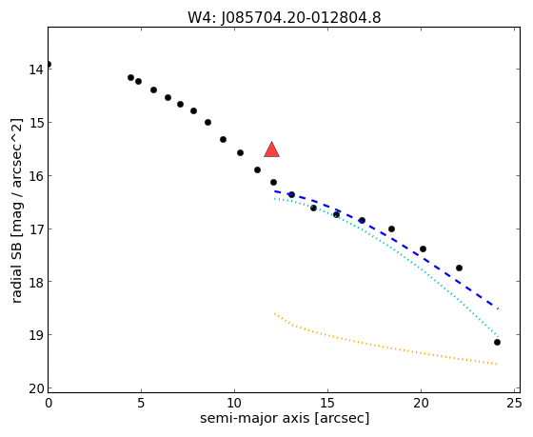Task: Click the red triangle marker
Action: coord(271,150)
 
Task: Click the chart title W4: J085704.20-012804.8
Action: coord(285,18)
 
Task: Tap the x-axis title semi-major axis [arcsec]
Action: coord(285,418)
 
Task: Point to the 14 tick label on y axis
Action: coord(36,70)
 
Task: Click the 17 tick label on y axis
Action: coord(36,228)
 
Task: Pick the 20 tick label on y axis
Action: coord(36,388)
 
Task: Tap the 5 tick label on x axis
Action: coord(141,404)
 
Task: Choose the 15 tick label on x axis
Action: coord(327,404)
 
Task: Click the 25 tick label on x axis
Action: coord(514,404)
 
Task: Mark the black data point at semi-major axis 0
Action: coord(49,65)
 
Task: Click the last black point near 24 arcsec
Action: coord(497,342)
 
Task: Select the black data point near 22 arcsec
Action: coord(459,268)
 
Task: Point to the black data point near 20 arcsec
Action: coord(423,248)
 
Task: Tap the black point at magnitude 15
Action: coord(207,123)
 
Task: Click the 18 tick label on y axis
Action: coord(36,282)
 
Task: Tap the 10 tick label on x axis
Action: coord(234,404)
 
